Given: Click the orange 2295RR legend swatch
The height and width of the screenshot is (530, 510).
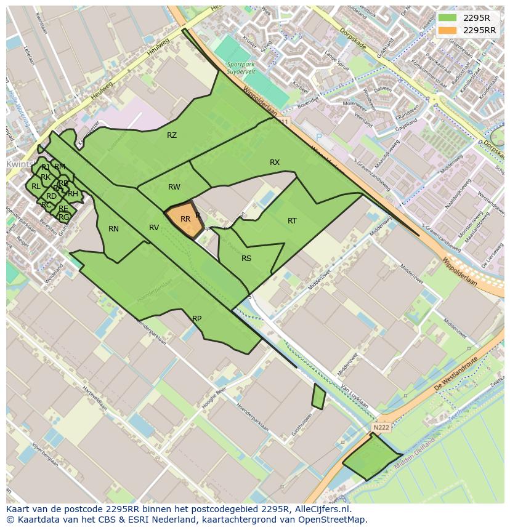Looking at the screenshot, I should pyautogui.click(x=447, y=30).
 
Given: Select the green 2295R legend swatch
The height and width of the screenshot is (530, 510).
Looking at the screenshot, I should pyautogui.click(x=447, y=18).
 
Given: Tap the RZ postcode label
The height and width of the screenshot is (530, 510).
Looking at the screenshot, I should pyautogui.click(x=172, y=135).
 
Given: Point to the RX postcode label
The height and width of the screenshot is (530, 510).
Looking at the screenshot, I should pyautogui.click(x=275, y=163).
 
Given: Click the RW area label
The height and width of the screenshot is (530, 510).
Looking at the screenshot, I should pyautogui.click(x=174, y=187).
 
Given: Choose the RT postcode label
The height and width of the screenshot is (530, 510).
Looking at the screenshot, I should pyautogui.click(x=292, y=221).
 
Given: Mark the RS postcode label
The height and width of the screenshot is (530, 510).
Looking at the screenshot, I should pyautogui.click(x=246, y=259).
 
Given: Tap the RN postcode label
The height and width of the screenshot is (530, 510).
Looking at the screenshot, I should pyautogui.click(x=113, y=229).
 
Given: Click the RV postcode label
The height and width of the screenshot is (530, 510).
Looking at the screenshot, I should pyautogui.click(x=154, y=228).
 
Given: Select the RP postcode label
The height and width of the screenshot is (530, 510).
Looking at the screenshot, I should pyautogui.click(x=196, y=319).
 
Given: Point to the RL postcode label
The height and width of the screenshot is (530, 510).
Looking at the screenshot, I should pyautogui.click(x=36, y=187).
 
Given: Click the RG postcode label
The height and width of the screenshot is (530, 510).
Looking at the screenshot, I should pyautogui.click(x=64, y=217).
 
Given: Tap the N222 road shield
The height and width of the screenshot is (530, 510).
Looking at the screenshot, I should pyautogui.click(x=381, y=427).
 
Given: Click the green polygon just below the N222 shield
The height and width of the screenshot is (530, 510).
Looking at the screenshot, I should pyautogui.click(x=371, y=457).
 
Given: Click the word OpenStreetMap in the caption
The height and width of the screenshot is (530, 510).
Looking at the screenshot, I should pyautogui.click(x=331, y=520).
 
